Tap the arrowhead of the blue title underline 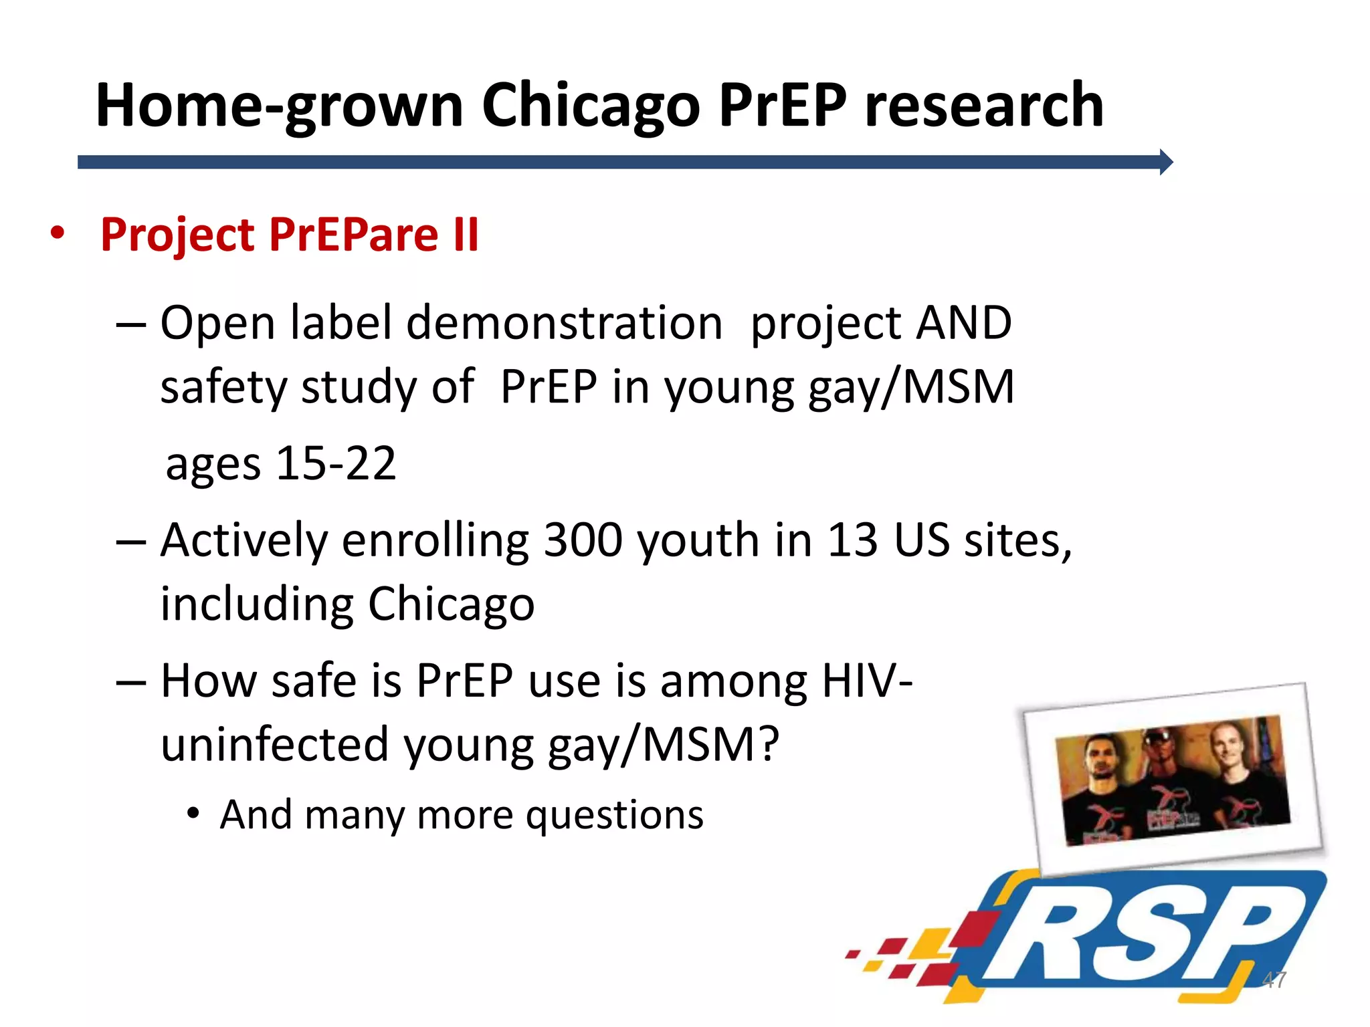click(1165, 162)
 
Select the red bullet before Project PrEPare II click(58, 234)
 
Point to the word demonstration click(564, 324)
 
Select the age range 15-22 click(336, 463)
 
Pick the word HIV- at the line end click(867, 681)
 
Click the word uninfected click(274, 746)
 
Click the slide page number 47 click(1274, 980)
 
